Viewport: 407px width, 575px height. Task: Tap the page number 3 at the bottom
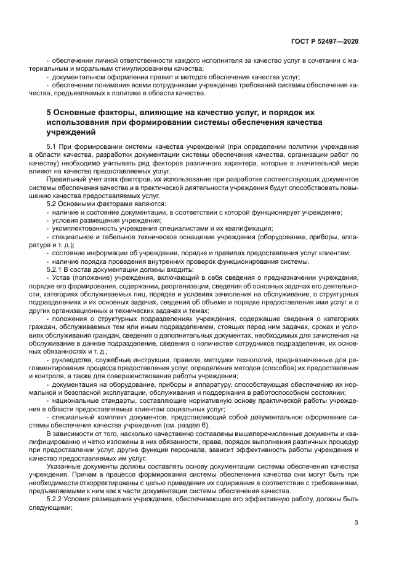tap(357, 523)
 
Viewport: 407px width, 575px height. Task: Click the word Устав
tap(63, 277)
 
